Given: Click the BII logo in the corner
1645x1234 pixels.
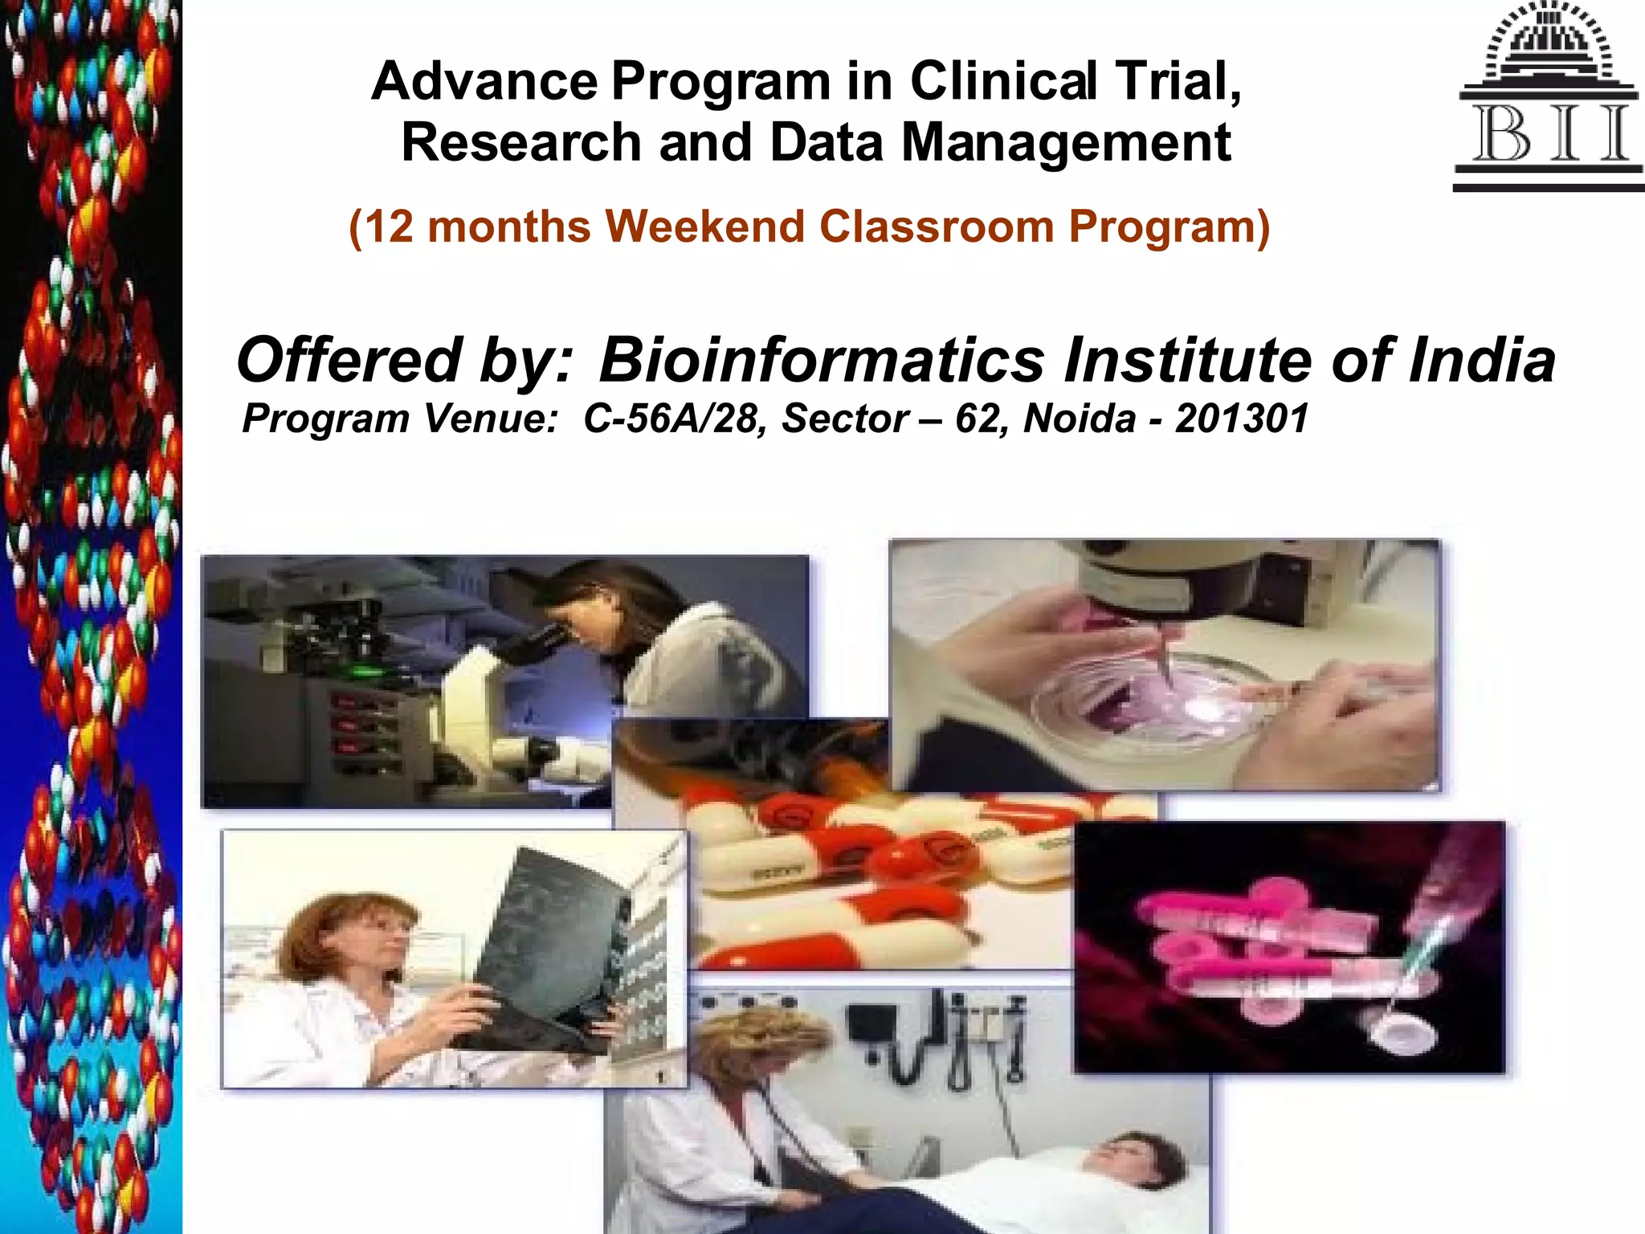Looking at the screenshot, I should tap(1548, 96).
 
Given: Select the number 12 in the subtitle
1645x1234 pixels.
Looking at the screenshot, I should tap(389, 227).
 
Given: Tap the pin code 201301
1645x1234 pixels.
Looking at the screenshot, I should tap(1242, 419).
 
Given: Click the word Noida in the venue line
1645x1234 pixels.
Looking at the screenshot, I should tap(1080, 419).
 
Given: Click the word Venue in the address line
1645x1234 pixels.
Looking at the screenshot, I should tap(490, 419).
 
